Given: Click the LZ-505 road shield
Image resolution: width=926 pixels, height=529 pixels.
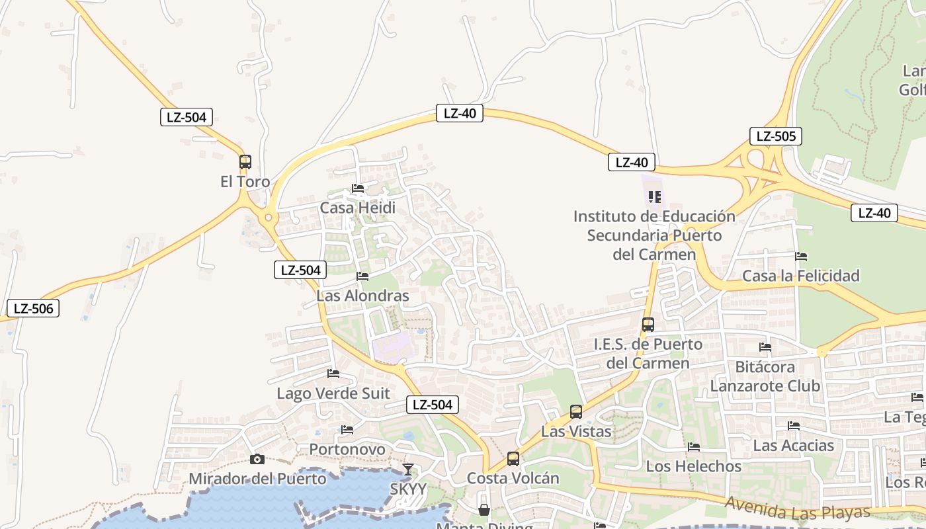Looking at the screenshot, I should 776,137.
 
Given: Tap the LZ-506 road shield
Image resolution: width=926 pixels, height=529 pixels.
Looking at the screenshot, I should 33,308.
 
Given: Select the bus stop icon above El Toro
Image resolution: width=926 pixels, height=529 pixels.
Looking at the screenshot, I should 245,161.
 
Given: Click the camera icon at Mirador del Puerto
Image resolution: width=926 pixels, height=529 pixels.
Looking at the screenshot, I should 257,459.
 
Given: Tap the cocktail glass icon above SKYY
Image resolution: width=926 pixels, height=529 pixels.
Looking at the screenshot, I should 408,469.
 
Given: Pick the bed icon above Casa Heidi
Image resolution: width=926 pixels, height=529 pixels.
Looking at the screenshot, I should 358,188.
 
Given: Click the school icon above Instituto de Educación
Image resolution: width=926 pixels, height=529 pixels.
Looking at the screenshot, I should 655,196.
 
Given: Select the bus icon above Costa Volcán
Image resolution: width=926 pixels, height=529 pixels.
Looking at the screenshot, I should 513,458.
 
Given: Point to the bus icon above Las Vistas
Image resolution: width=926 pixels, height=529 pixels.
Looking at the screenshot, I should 576,412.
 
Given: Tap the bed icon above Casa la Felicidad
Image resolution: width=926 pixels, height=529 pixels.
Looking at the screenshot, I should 801,256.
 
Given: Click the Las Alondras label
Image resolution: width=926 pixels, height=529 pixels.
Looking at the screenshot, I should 362,296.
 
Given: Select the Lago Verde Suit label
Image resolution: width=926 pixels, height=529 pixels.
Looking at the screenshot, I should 333,393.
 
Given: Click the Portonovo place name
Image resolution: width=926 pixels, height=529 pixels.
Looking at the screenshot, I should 347,450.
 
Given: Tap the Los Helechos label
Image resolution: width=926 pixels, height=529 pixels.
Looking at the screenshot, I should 694,466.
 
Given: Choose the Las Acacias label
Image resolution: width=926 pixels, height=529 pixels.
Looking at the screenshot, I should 794,445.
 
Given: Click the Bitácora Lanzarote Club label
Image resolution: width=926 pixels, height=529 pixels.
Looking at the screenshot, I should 765,376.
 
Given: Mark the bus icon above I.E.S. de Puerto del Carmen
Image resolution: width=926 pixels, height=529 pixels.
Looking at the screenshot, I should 648,325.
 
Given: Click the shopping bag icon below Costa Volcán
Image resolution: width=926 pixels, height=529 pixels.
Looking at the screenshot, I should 484,510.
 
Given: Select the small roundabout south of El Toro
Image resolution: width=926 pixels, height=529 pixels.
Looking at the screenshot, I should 269,217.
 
